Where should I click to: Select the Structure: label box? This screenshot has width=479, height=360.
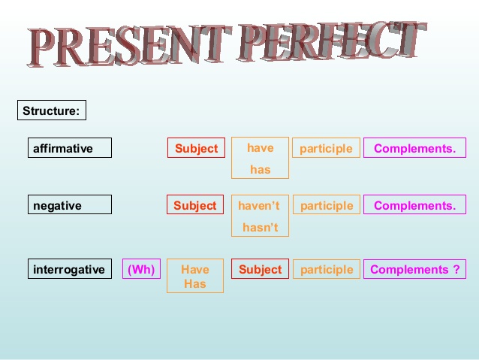tap(52, 111)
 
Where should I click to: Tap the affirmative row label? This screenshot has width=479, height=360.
tap(70, 148)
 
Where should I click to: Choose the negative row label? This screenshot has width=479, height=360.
tap(70, 205)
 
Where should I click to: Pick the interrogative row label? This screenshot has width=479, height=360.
tap(70, 269)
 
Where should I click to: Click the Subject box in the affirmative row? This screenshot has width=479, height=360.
tap(196, 148)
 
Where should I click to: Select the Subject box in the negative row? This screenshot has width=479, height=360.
tap(195, 205)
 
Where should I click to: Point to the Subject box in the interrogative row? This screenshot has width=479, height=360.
tap(260, 269)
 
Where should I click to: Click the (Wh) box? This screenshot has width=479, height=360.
tap(141, 269)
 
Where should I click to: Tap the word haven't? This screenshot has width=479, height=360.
tap(259, 205)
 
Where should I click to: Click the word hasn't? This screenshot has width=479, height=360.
tap(260, 226)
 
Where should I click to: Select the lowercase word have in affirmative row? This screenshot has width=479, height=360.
tap(260, 147)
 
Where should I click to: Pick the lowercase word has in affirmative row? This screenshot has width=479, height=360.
tap(260, 169)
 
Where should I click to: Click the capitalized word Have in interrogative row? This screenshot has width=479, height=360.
tap(195, 269)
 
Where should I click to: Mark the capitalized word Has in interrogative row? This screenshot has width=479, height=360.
tap(195, 283)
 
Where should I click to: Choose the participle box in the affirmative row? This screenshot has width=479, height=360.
tap(326, 148)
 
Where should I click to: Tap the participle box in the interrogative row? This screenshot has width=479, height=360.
tap(326, 269)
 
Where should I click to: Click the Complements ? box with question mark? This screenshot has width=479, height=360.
tap(414, 269)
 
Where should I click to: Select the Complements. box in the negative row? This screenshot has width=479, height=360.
tap(414, 205)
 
